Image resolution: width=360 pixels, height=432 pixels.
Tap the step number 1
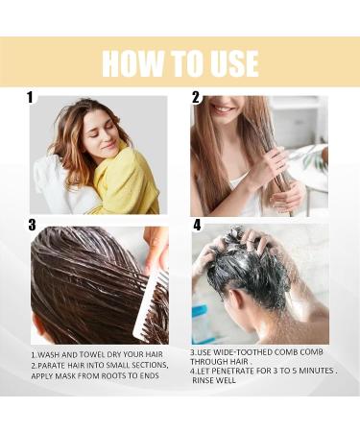30,98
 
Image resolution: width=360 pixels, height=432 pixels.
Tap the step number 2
196,98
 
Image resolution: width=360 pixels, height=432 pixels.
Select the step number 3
32,226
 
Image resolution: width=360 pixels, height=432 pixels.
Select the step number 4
198,226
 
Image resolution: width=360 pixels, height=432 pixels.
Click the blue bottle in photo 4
199,317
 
